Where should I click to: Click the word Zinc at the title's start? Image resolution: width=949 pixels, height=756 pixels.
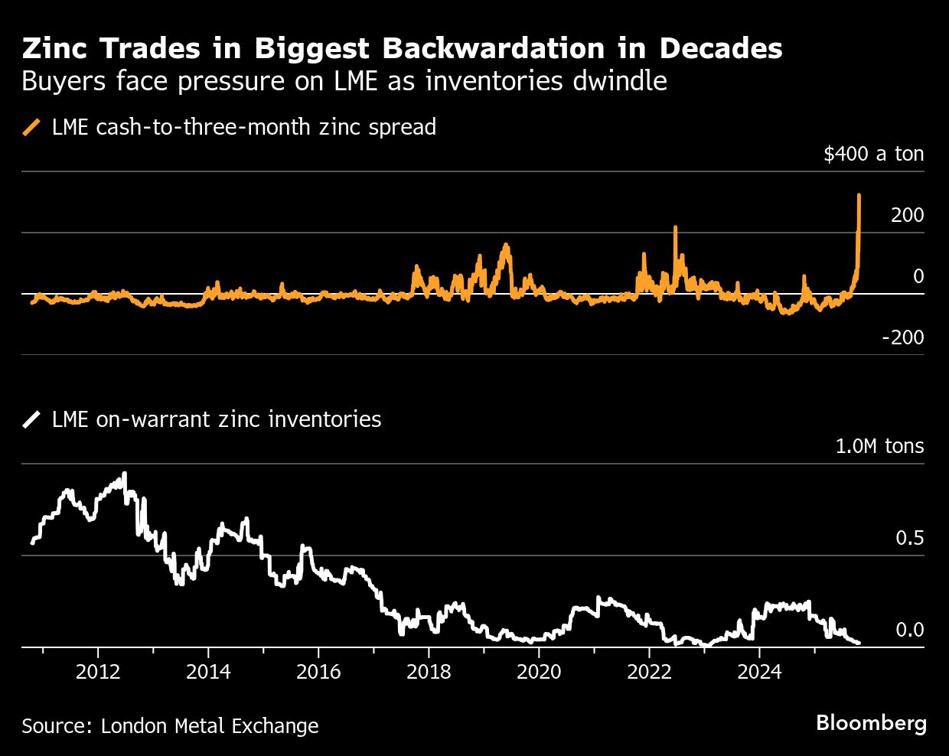[x=56, y=48]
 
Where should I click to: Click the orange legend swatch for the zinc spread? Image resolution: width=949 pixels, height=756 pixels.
[x=33, y=127]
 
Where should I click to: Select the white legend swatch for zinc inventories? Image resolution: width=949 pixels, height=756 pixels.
[x=33, y=419]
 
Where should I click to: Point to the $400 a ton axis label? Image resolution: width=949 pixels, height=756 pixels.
[x=873, y=154]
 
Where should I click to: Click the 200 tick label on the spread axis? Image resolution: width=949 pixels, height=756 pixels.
[x=907, y=215]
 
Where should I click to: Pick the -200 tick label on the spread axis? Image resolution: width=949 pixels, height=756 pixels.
[x=902, y=337]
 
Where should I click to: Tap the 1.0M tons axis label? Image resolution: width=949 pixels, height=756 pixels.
[x=879, y=446]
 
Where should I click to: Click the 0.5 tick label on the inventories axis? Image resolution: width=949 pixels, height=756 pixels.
[x=910, y=538]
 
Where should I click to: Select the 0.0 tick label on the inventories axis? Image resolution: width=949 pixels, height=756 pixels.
[x=910, y=630]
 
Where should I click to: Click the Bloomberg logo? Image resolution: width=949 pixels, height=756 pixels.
[x=871, y=723]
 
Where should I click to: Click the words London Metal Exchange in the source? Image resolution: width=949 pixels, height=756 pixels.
[x=210, y=725]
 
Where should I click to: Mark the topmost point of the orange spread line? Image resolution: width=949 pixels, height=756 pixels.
[x=859, y=195]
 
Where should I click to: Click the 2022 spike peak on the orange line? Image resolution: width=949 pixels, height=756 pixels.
[x=676, y=227]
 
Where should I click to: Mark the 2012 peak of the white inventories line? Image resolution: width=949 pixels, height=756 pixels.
[x=125, y=474]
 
